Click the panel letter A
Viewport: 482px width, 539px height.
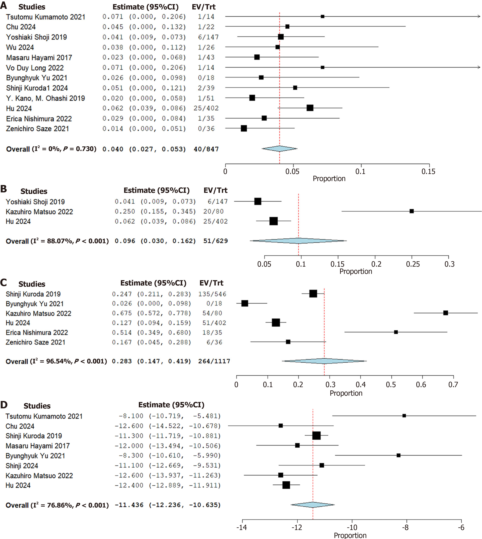(x=4, y=5)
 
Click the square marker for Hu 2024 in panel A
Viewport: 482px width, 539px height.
(x=310, y=108)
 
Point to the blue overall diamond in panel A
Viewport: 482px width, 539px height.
(x=279, y=149)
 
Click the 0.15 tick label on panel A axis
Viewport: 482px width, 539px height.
(x=428, y=172)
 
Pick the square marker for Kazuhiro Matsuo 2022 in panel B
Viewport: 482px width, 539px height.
(x=412, y=211)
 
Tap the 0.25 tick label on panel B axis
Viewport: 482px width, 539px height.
(x=413, y=264)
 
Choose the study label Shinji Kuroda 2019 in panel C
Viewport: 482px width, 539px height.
(x=33, y=294)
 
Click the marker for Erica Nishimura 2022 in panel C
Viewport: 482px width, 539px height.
(x=396, y=332)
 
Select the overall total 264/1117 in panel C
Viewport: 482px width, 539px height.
(x=214, y=361)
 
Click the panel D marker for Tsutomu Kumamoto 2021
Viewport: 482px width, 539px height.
(x=404, y=416)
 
